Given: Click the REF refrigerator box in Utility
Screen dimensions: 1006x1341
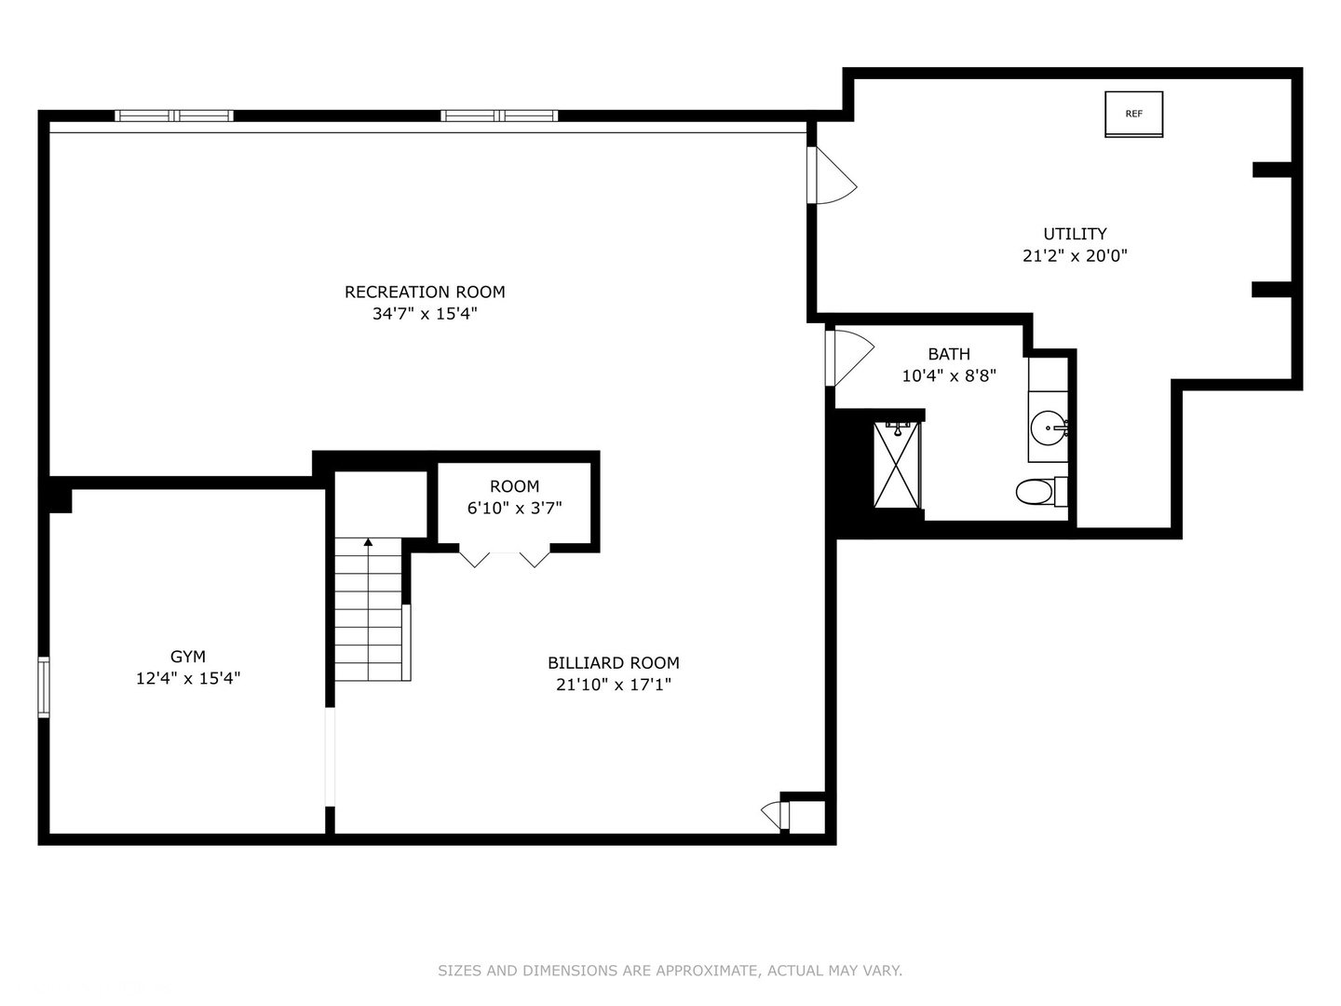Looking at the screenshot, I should click(x=1133, y=114).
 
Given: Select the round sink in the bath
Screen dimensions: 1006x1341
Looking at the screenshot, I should click(x=1049, y=428).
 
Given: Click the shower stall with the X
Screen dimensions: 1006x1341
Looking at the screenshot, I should click(x=897, y=464).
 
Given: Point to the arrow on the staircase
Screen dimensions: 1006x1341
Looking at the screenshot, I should click(x=368, y=542).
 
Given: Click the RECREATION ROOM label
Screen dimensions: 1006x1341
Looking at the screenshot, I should click(x=425, y=292).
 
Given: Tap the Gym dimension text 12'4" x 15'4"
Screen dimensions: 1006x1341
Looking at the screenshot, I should click(x=188, y=678).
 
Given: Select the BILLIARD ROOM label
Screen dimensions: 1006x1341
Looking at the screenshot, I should click(x=613, y=662).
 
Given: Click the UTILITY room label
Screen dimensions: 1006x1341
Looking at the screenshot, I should click(x=1075, y=234).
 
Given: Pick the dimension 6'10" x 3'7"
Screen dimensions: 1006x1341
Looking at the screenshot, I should click(x=514, y=508).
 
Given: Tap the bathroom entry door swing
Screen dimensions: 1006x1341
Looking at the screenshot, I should click(x=848, y=358).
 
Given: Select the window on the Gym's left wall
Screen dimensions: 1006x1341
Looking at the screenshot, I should click(x=44, y=687).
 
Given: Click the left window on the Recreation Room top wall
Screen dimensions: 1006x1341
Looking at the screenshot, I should click(x=174, y=116).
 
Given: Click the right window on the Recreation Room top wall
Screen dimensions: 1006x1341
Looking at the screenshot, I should click(x=499, y=116).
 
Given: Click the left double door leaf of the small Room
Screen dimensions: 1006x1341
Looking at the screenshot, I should click(x=474, y=558).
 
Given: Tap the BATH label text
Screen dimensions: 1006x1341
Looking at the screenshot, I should click(x=948, y=354).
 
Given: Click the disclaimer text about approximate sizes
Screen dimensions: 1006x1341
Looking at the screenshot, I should click(x=670, y=971).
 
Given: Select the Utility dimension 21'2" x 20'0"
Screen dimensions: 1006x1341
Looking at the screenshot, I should click(x=1075, y=255).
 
